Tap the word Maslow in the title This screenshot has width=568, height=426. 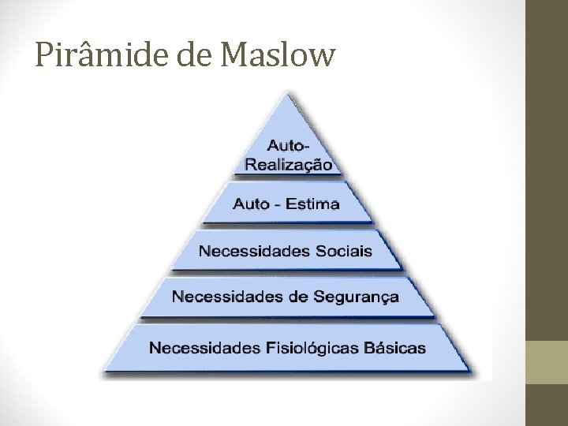coord(279,55)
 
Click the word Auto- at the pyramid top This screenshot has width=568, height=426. coord(289,146)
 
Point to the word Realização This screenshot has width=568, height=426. coord(289,164)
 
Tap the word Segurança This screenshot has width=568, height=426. coord(359,297)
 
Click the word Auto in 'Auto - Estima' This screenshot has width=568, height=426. coord(250,204)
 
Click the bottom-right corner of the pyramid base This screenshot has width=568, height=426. coord(474,372)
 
